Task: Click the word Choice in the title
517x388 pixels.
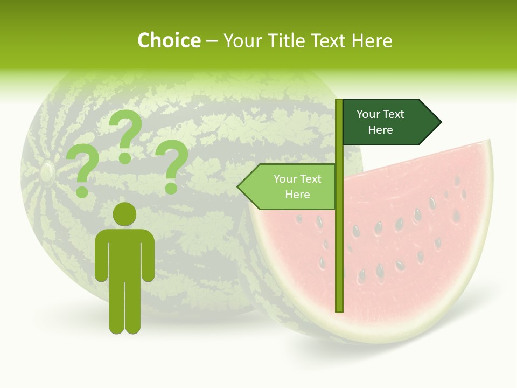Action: click(x=169, y=41)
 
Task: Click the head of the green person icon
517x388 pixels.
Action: click(x=124, y=214)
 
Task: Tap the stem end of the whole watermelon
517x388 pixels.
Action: click(x=46, y=171)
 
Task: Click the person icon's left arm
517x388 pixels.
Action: click(x=101, y=256)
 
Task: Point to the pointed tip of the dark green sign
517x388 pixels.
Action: click(x=440, y=122)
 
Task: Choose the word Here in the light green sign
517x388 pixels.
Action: click(x=297, y=195)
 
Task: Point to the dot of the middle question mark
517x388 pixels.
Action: click(x=125, y=158)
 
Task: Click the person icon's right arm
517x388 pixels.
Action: click(x=148, y=256)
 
